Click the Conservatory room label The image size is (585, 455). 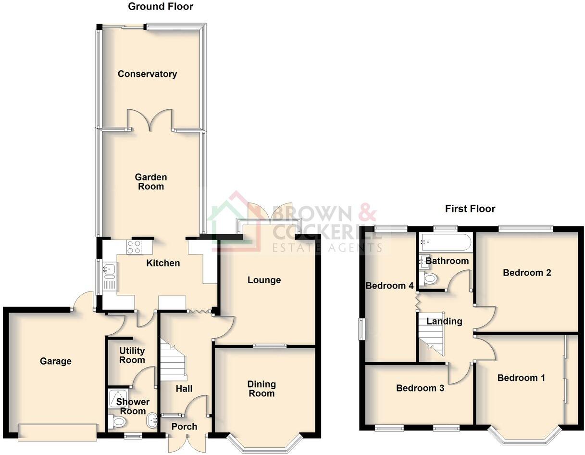click(147, 74)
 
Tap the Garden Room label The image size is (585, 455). click(151, 182)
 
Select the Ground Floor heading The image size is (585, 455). click(161, 6)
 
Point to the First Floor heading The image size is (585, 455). click(470, 209)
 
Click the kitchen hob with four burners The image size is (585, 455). click(134, 247)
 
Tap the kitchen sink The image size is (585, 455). click(108, 270)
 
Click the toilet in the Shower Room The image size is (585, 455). click(118, 422)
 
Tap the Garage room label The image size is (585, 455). click(56, 361)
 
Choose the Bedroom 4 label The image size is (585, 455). click(389, 286)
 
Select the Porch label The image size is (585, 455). click(184, 427)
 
